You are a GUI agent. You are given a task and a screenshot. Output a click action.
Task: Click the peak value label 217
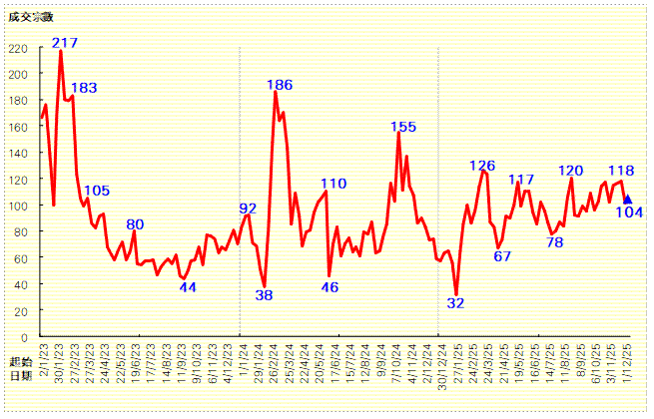pos(65,43)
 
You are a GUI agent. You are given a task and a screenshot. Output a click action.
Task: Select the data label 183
pos(84,88)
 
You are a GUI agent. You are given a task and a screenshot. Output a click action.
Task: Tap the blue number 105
pos(97,191)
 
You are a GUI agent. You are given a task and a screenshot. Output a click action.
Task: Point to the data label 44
pos(188,287)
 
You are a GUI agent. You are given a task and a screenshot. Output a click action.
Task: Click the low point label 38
pos(264,295)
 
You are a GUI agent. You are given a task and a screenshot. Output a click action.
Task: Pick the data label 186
pos(280,85)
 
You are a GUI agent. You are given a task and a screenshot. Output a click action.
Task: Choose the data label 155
pos(403,127)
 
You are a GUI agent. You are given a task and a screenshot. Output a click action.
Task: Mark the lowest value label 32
pos(455,303)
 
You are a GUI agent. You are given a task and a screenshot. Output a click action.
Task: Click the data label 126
pos(483,166)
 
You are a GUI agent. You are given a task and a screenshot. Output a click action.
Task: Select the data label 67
pos(502,255)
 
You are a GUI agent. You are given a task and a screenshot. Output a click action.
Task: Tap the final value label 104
pos(629,211)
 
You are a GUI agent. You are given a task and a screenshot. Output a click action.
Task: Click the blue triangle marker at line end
pos(627,200)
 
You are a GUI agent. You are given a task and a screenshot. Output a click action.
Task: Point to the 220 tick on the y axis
pos(19,48)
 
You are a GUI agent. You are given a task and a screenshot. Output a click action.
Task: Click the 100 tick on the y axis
pos(19,206)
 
